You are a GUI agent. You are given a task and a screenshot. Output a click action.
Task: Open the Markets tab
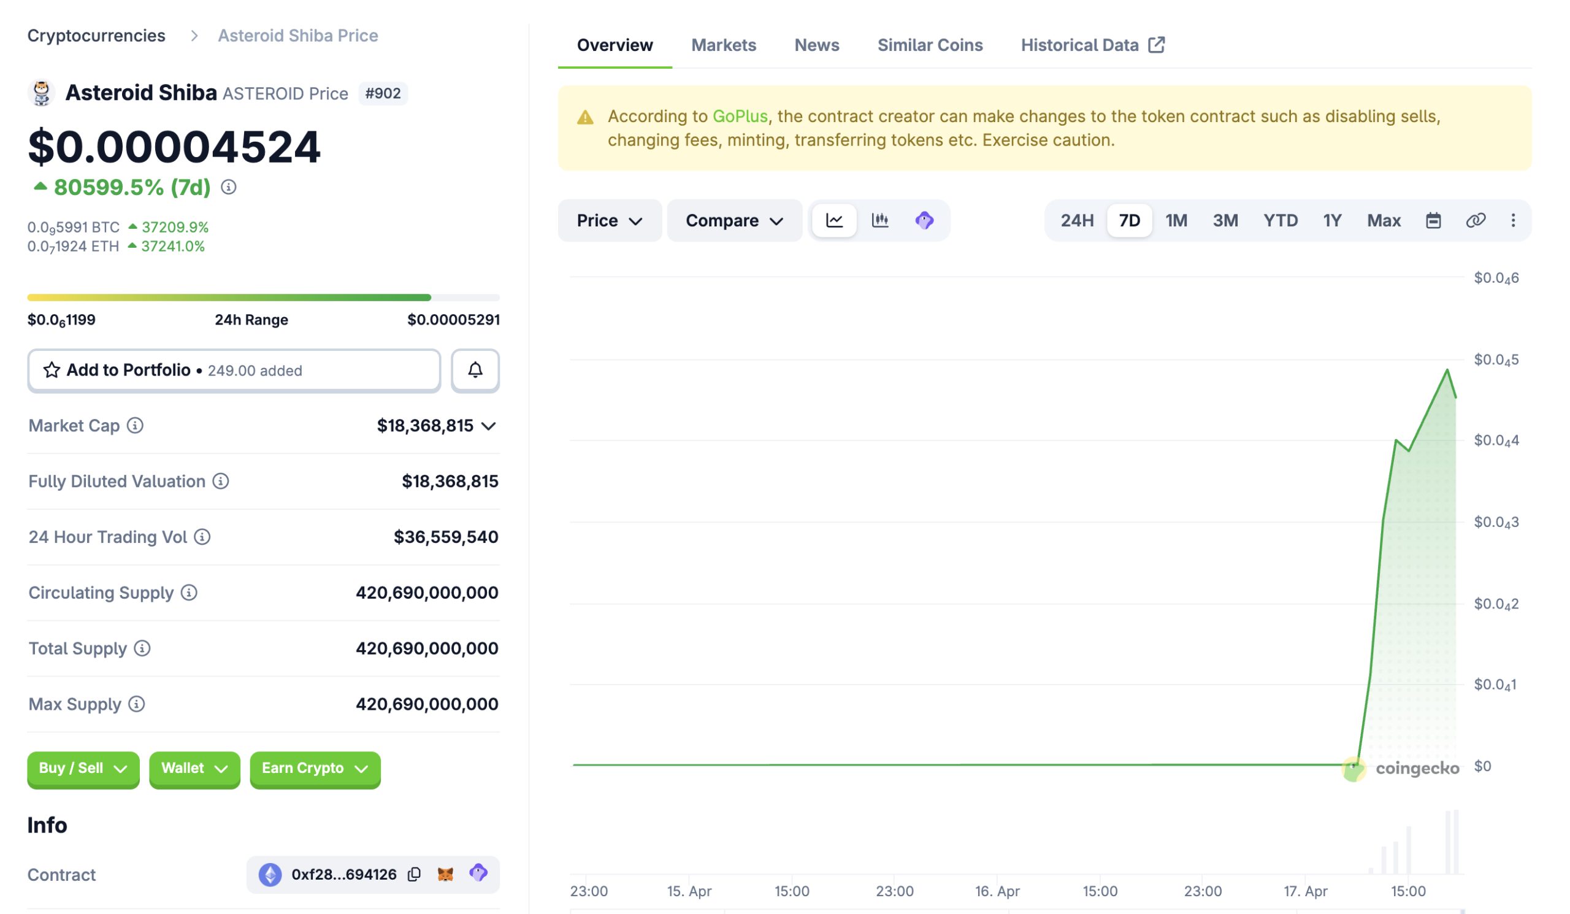click(x=723, y=45)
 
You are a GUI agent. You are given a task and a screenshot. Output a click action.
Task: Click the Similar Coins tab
click(x=930, y=45)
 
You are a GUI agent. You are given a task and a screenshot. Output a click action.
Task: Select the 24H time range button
click(x=1076, y=221)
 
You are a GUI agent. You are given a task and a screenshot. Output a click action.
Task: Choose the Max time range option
click(x=1383, y=221)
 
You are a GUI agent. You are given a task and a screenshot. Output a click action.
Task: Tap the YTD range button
click(x=1280, y=221)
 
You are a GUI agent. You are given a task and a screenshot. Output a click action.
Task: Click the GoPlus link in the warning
click(x=740, y=117)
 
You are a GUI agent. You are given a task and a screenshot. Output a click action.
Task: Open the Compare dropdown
click(x=734, y=221)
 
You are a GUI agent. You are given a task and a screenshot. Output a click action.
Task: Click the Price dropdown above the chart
click(x=609, y=221)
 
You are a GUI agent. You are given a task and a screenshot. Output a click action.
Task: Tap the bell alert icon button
click(x=475, y=370)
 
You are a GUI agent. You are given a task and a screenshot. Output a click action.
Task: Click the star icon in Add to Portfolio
click(x=52, y=370)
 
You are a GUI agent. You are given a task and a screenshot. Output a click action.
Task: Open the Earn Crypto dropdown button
click(x=315, y=768)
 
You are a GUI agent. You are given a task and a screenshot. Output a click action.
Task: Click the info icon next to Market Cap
click(x=135, y=426)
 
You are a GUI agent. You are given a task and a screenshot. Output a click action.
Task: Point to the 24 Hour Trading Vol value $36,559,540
click(x=445, y=537)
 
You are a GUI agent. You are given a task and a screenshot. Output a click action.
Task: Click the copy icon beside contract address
click(x=415, y=874)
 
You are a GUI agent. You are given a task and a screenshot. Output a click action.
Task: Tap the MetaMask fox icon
click(x=445, y=874)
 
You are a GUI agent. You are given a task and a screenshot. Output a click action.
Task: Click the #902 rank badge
click(x=383, y=93)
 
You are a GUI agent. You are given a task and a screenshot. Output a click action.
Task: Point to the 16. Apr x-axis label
click(x=997, y=891)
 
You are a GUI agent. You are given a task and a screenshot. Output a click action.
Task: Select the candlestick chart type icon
click(x=879, y=220)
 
